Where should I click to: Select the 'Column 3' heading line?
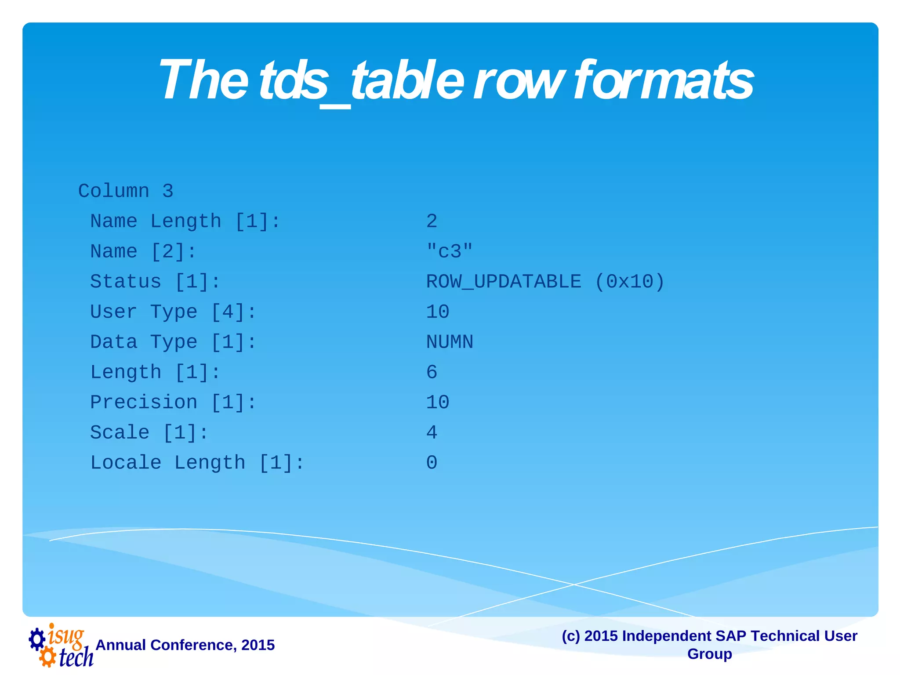click(x=126, y=191)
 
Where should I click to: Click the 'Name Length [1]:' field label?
click(x=185, y=221)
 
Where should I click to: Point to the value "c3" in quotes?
click(x=449, y=251)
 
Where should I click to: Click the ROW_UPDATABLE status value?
click(x=504, y=282)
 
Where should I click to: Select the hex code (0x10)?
click(x=629, y=282)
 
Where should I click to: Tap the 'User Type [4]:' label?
click(x=173, y=312)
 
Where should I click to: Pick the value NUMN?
click(x=450, y=342)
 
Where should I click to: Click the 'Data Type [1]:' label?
click(x=173, y=342)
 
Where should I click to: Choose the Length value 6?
click(x=432, y=373)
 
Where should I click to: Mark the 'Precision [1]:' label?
click(x=173, y=403)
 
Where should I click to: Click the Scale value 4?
click(x=432, y=433)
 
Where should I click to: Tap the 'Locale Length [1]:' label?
click(x=197, y=463)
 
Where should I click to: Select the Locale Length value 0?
click(x=432, y=463)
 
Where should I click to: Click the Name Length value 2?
click(x=432, y=221)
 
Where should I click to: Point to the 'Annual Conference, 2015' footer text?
click(x=185, y=645)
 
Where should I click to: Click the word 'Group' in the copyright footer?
click(x=709, y=654)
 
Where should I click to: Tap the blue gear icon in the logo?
click(x=37, y=639)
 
